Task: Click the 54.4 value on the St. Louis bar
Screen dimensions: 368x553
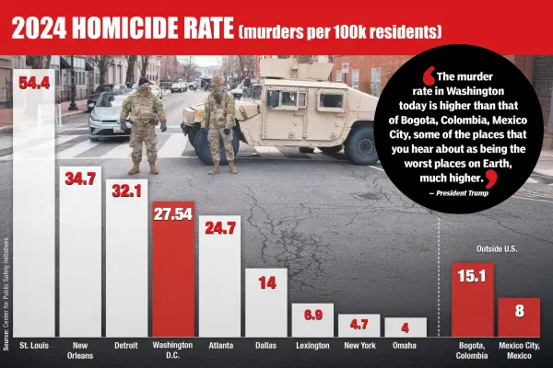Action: [x=34, y=82]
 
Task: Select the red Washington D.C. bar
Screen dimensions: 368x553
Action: [x=172, y=276]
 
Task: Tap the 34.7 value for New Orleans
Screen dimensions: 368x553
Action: [x=80, y=178]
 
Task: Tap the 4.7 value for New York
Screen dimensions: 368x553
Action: [x=358, y=325]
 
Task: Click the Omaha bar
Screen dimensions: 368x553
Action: [x=405, y=328]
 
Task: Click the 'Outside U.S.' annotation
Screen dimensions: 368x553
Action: [x=496, y=249]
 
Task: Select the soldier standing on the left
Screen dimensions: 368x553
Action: [x=143, y=124]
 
